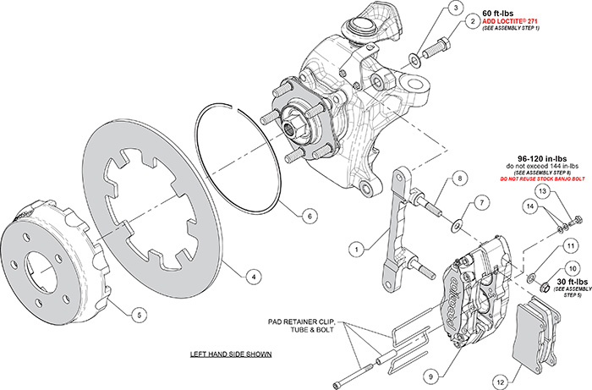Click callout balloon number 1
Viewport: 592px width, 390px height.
[359, 249]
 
